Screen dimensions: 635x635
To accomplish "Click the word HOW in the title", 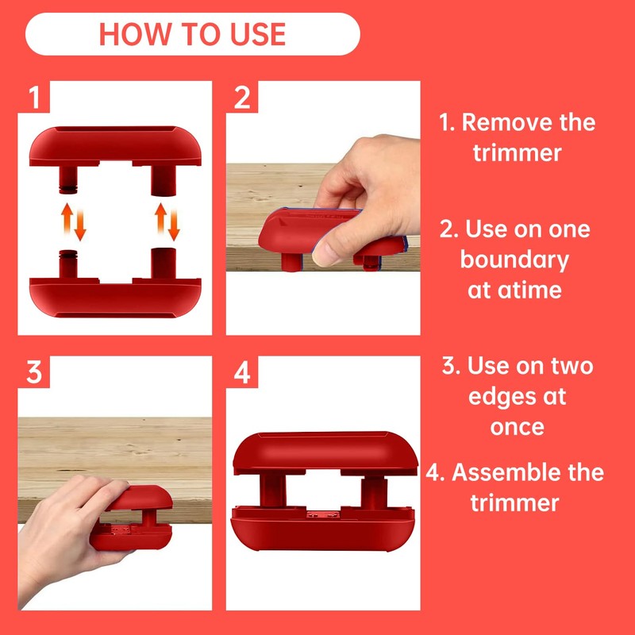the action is coord(135,34).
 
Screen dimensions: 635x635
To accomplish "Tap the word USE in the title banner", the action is coord(258,34).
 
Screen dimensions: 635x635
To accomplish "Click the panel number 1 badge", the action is coord(33,97).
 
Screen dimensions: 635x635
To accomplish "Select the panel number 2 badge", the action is coord(242,97).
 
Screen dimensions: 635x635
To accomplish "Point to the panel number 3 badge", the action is coord(33,371).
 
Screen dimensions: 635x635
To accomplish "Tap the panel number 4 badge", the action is coord(242,371).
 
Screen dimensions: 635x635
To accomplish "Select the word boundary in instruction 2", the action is coord(514,260).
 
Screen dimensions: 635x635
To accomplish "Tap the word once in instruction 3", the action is coord(518,428).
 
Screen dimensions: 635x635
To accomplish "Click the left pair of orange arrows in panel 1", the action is coord(74,222).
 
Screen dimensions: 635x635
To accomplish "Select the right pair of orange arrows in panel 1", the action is coord(167,222).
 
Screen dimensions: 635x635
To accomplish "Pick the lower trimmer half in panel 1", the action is coord(115,283).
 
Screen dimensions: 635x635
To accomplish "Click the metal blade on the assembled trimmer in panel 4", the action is coord(323,514).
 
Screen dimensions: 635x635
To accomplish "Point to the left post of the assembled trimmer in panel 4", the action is coord(273,490).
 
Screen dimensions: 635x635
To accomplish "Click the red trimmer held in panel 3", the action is coord(132,518).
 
